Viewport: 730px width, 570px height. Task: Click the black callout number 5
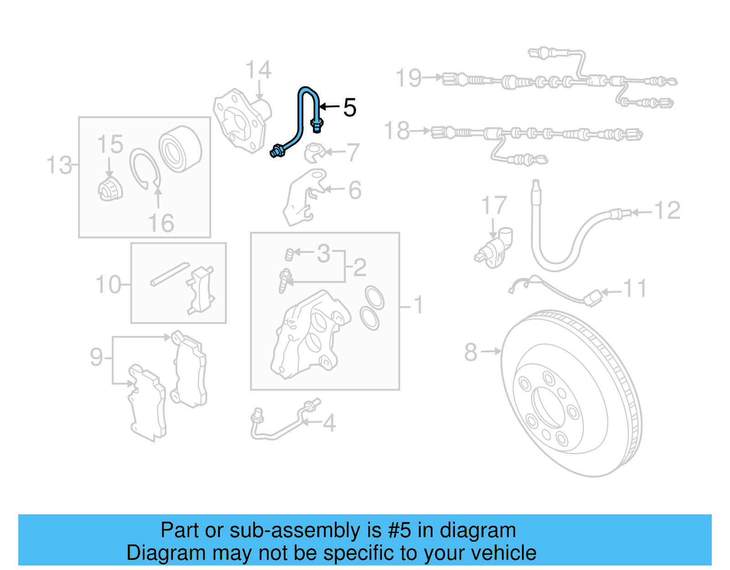click(349, 108)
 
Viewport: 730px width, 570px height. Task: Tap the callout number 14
click(258, 71)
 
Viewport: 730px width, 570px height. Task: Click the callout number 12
click(667, 210)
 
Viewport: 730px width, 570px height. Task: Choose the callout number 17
click(494, 205)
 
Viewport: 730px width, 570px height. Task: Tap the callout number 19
click(409, 78)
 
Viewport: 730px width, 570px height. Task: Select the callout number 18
click(397, 131)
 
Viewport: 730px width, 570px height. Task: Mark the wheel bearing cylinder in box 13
click(180, 149)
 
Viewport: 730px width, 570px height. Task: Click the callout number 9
click(96, 357)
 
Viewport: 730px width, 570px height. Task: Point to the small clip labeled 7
click(314, 152)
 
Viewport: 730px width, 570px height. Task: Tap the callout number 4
click(329, 423)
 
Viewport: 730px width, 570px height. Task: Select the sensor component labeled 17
click(494, 249)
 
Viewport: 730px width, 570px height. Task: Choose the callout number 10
click(108, 285)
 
